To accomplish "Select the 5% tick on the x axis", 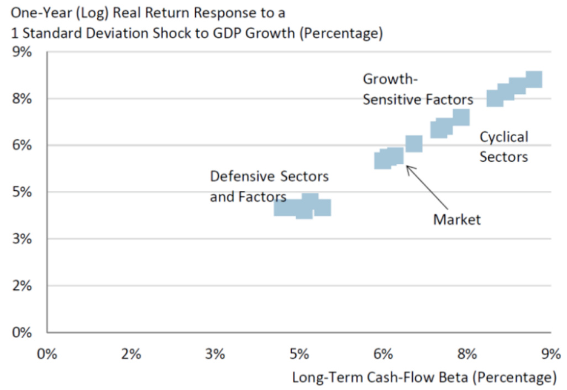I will [299, 353].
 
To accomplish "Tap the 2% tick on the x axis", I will [131, 353].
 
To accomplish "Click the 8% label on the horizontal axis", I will [467, 353].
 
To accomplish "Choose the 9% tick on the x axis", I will [550, 353].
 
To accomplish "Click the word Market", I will [457, 219].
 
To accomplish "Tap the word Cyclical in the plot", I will [503, 137].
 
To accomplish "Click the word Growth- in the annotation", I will [389, 79].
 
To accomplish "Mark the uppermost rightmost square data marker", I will [533, 80].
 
